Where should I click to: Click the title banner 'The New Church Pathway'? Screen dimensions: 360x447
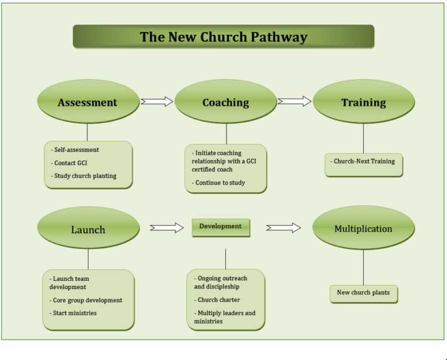(223, 37)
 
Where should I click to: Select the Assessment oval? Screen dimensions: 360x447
(88, 102)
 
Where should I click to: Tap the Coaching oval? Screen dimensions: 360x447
(225, 102)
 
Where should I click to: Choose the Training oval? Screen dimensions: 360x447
(363, 102)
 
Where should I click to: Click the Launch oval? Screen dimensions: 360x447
(88, 229)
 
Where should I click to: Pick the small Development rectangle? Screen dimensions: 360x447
(221, 227)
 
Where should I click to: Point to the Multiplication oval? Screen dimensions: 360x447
(363, 229)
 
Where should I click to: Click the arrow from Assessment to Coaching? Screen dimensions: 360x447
(157, 102)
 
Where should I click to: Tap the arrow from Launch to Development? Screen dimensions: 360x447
(166, 228)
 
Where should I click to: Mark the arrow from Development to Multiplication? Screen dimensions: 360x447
(283, 228)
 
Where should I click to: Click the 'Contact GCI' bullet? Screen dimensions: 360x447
(70, 163)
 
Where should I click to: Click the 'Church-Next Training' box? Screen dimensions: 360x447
(364, 162)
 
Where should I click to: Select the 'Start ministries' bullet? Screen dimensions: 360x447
(73, 313)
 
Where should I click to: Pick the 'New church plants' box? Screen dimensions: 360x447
(363, 293)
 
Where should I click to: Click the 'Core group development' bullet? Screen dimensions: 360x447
(86, 300)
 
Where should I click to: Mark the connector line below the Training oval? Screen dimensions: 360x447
(363, 138)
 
